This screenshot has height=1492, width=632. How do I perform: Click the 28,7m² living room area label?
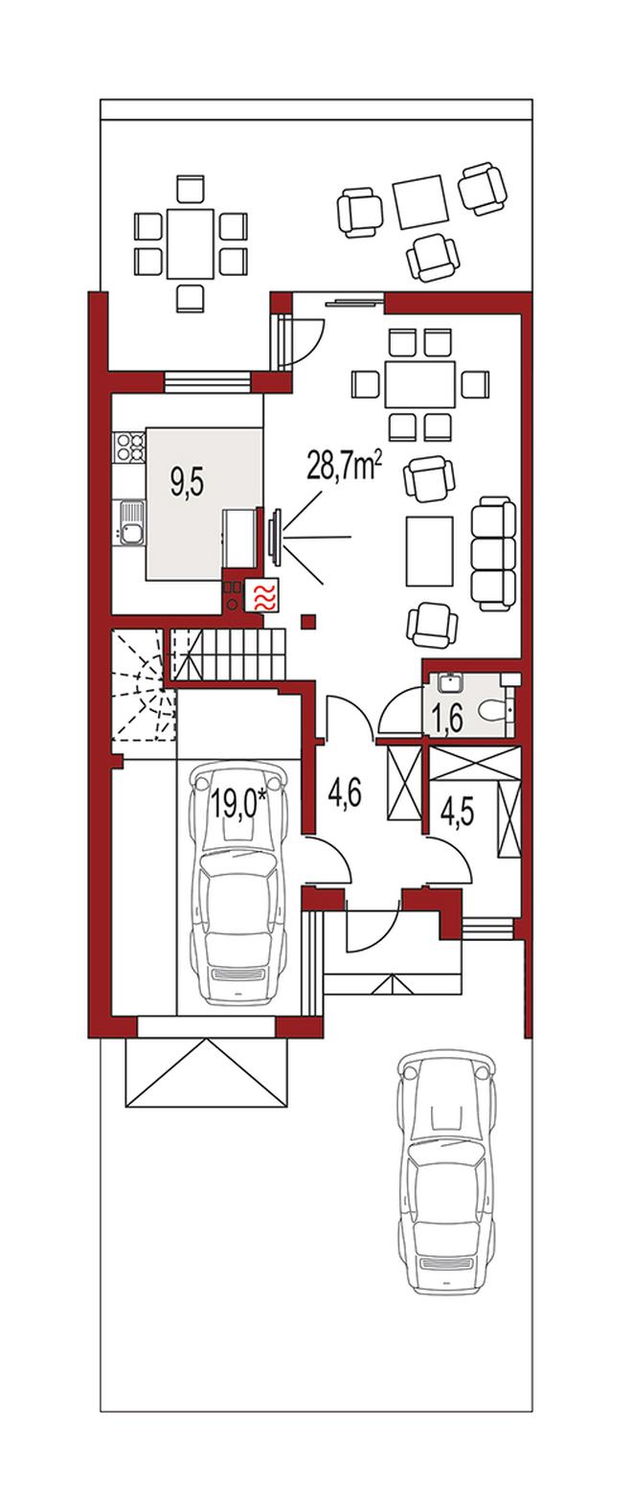tap(344, 465)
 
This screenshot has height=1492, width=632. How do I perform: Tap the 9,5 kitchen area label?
tap(188, 482)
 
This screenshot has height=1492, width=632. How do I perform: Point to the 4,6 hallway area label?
tap(345, 793)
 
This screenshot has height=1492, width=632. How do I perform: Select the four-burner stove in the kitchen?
tap(129, 448)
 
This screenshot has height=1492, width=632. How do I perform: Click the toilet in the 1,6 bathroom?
tap(496, 711)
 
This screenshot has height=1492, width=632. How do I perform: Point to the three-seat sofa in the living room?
tap(493, 554)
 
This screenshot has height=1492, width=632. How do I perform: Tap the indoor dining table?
tap(420, 384)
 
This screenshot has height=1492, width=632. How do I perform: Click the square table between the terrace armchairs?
tap(419, 201)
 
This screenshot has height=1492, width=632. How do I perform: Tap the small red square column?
tap(308, 622)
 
